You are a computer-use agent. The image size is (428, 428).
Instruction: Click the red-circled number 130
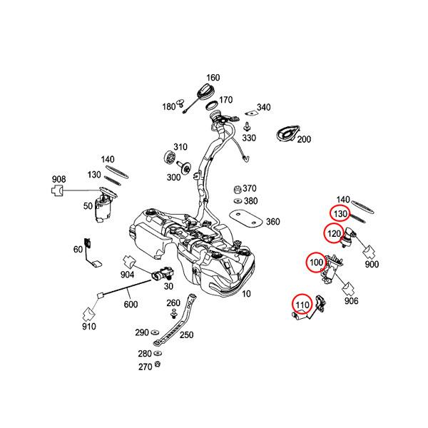tap(340, 213)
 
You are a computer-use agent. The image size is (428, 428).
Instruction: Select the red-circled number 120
tap(334, 233)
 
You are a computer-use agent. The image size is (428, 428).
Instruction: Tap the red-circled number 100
tap(316, 263)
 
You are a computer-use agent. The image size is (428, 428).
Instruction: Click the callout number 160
tap(213, 78)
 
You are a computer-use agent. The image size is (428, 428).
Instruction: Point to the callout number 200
tap(305, 139)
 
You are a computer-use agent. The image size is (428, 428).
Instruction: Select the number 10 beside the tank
tap(247, 293)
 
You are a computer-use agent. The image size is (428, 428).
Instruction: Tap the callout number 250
tap(187, 335)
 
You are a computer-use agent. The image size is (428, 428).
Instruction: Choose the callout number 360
tap(272, 222)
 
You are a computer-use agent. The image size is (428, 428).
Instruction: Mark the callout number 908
tap(58, 178)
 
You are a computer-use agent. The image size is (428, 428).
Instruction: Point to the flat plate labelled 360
tap(246, 216)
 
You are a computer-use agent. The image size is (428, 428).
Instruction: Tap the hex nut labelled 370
tap(236, 190)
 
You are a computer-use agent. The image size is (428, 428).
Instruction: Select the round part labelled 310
tap(170, 158)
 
